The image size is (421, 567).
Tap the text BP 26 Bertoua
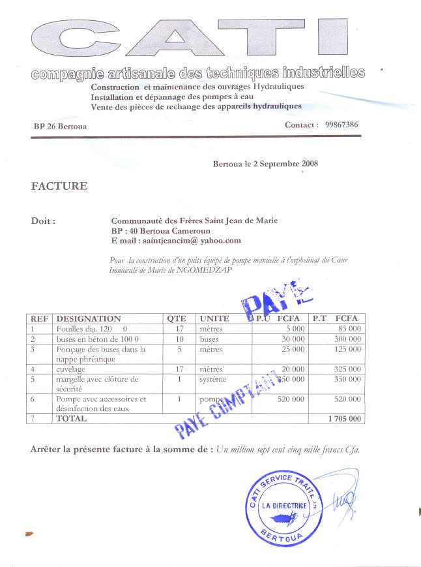coord(60,126)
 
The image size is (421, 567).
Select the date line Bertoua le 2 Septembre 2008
coord(265,164)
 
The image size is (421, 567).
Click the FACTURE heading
coord(59,186)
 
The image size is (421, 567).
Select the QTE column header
coord(177,318)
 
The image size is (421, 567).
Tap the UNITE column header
coord(214,318)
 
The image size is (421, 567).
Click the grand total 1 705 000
coord(344,419)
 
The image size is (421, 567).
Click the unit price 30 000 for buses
coord(292,339)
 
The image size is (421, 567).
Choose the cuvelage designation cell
coord(72,369)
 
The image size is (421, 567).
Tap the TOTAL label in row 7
coord(72,419)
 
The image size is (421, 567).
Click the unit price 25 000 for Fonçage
coord(292,350)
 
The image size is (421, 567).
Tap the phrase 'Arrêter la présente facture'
coord(85,450)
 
